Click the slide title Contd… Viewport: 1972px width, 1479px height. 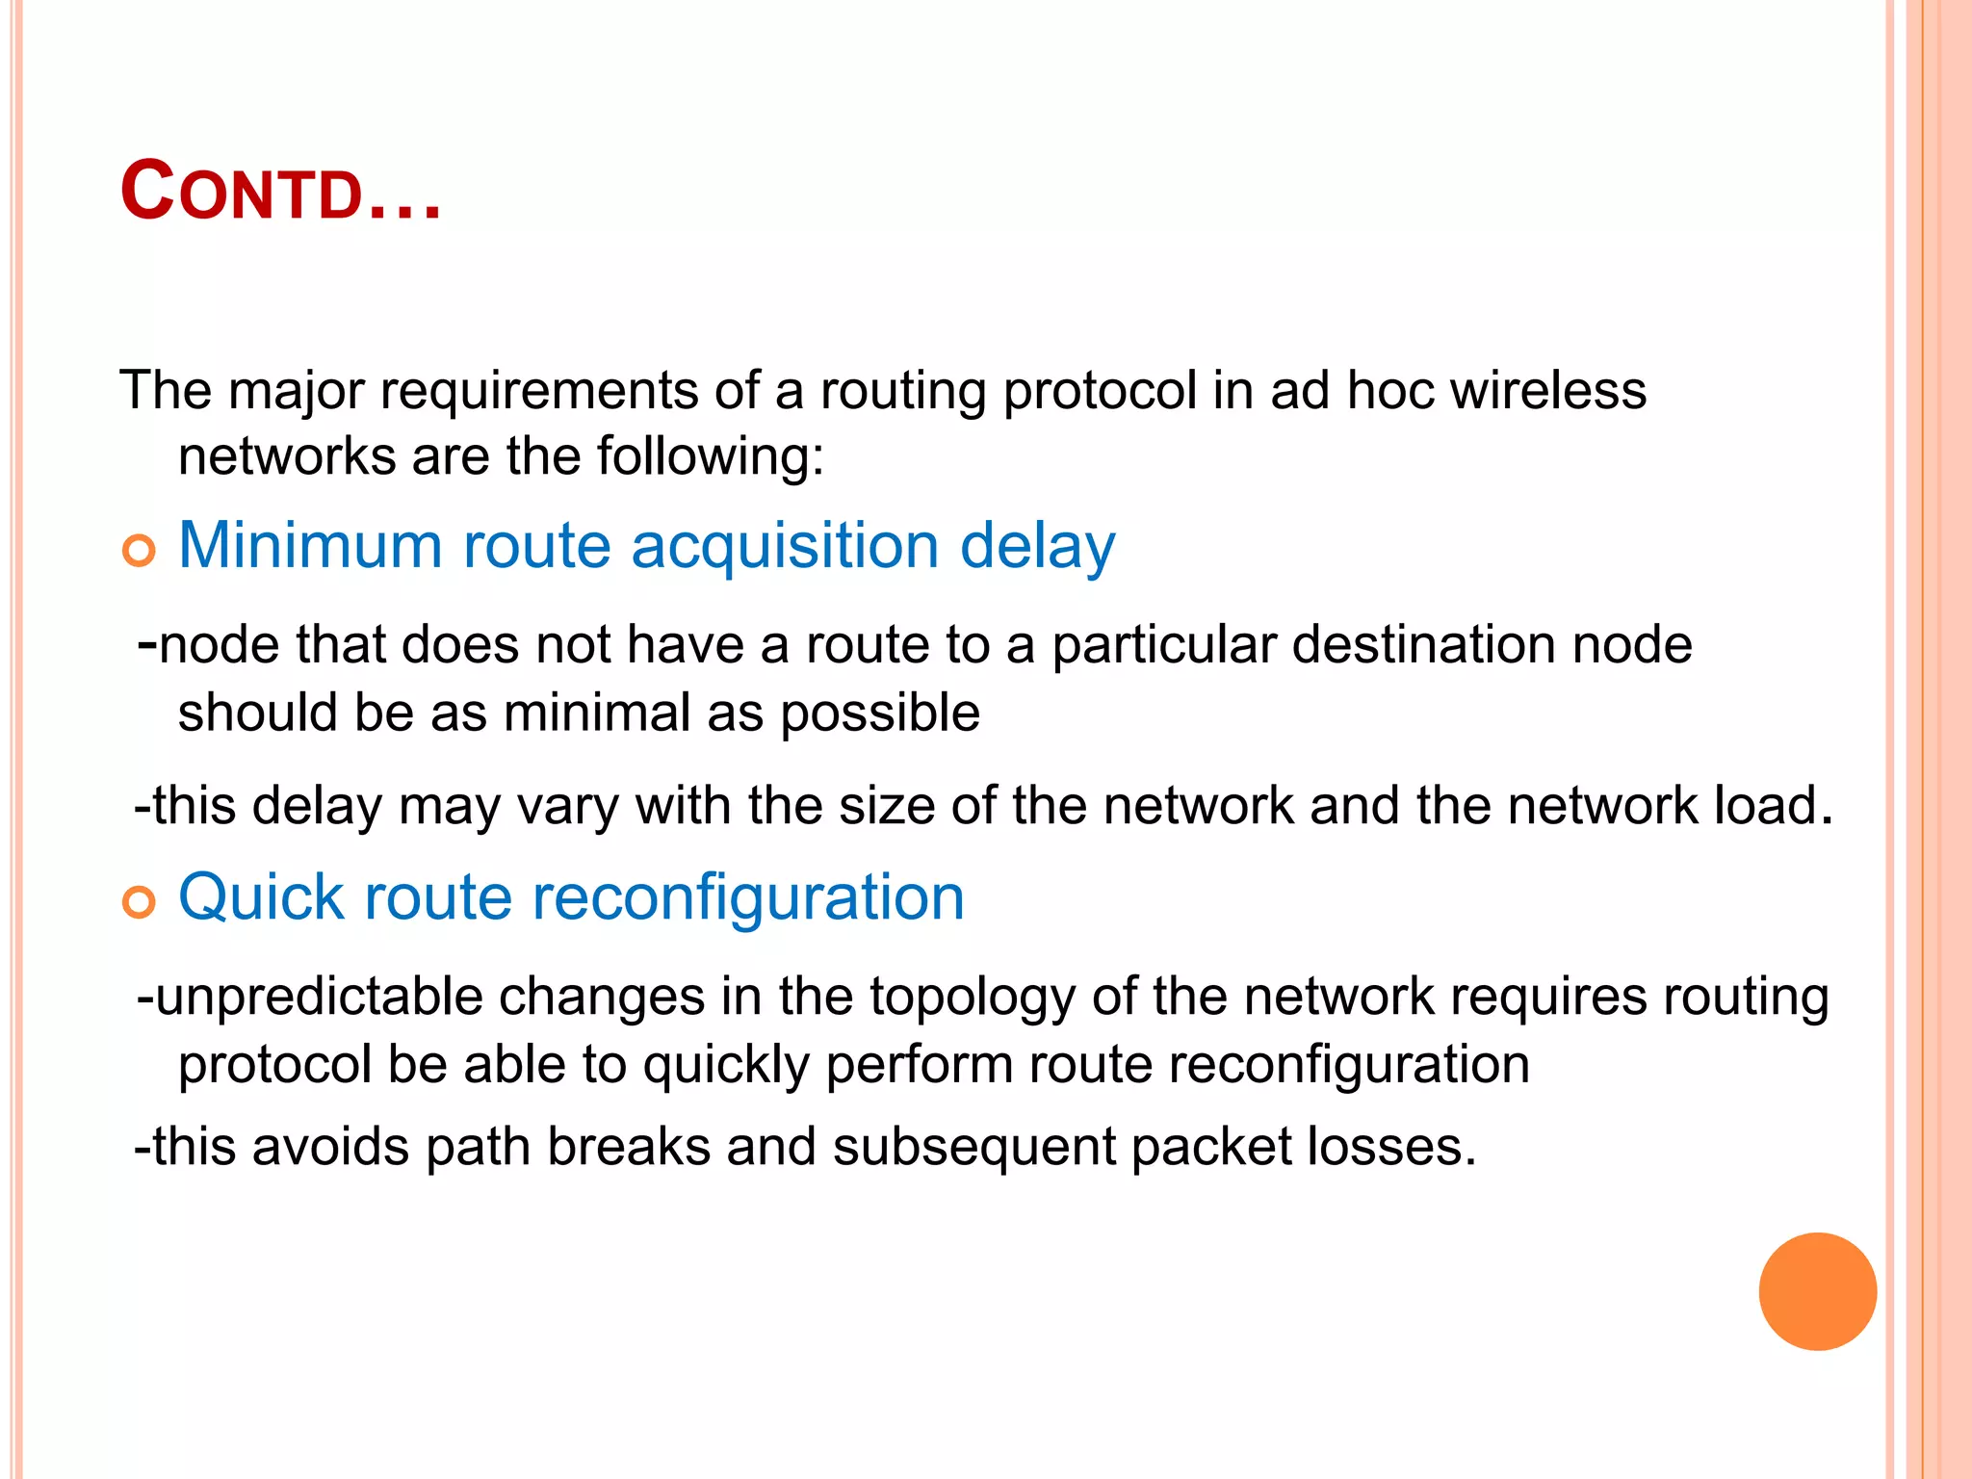280,193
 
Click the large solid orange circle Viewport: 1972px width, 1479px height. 1817,1291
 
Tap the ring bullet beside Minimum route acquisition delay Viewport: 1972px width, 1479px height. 140,552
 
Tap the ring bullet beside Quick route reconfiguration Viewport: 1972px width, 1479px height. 140,903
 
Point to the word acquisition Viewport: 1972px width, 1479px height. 785,545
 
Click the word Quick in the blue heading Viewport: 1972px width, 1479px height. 261,897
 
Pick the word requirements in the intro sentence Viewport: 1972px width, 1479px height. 538,392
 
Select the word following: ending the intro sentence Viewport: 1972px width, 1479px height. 711,455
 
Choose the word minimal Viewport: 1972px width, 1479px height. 597,713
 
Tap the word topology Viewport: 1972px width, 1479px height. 973,998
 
